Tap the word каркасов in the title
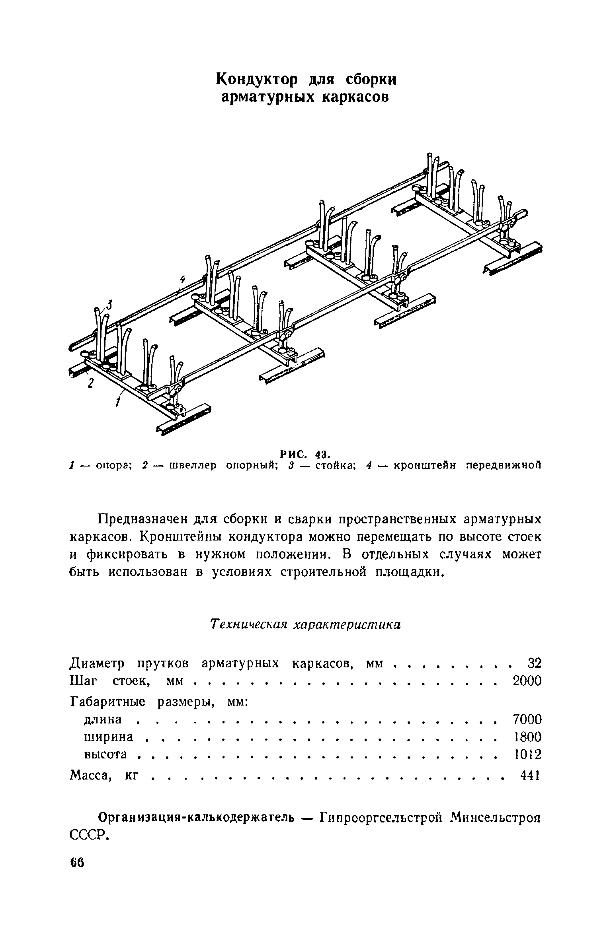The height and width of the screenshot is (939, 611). tap(355, 97)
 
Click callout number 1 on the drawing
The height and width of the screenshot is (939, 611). tap(118, 402)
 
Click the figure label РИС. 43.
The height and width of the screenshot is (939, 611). tap(305, 453)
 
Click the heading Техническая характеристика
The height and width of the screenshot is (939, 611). tap(305, 625)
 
